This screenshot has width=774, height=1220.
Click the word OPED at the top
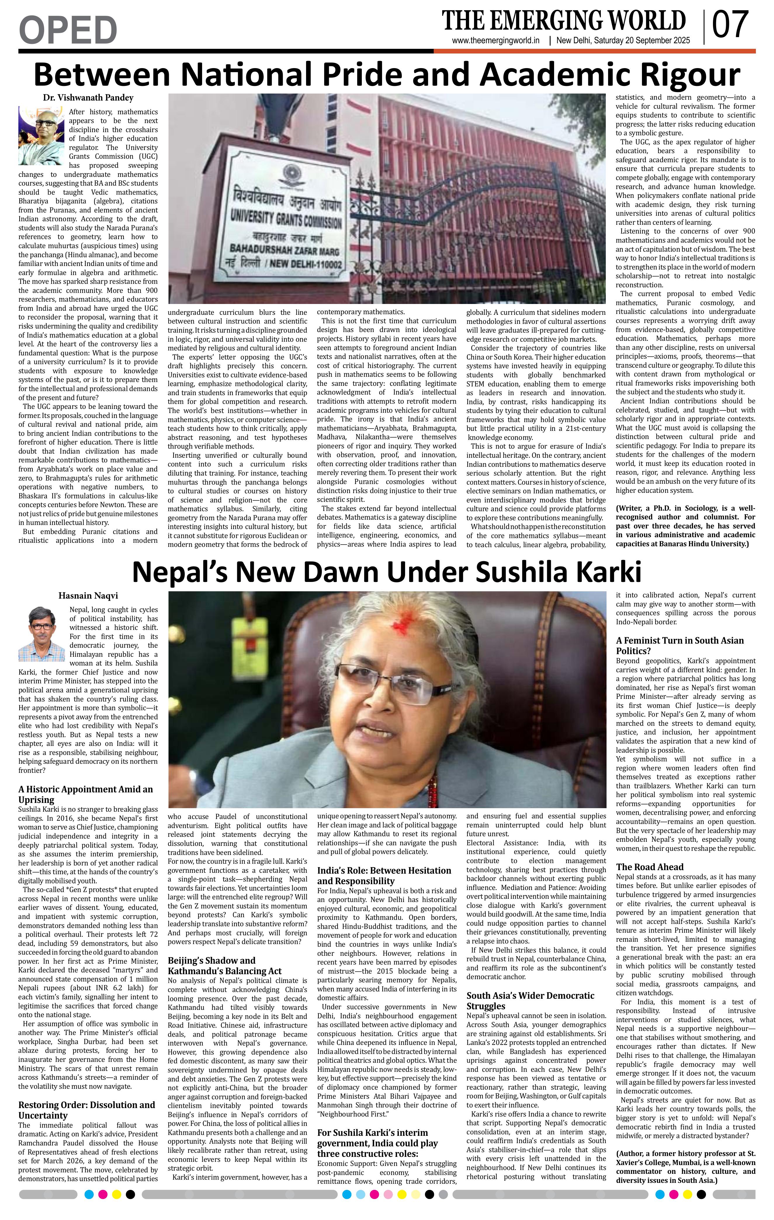pyautogui.click(x=68, y=30)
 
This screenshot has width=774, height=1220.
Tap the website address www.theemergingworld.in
pyautogui.click(x=496, y=41)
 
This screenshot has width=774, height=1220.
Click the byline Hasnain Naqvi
pyautogui.click(x=88, y=595)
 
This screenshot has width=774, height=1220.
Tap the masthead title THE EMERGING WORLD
pyautogui.click(x=563, y=21)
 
